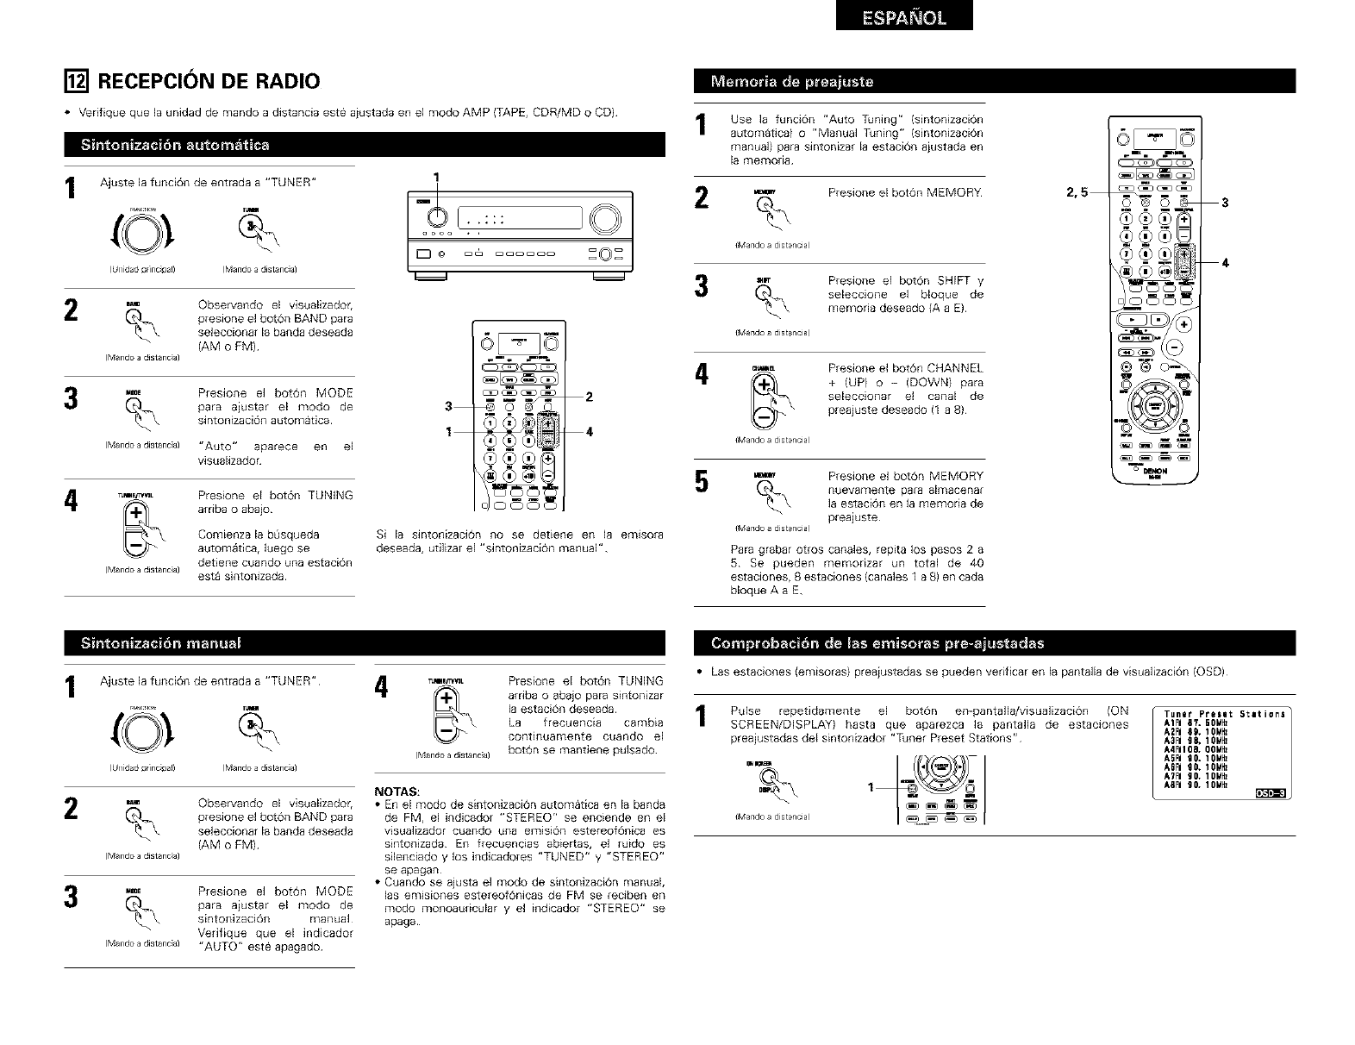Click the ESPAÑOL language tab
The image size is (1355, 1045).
(903, 16)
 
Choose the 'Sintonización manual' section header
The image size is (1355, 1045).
(160, 643)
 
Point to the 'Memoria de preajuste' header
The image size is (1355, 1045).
(791, 82)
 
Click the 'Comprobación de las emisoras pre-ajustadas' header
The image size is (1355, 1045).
(877, 643)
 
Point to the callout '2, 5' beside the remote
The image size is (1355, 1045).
(1077, 192)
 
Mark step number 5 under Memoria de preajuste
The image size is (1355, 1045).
(702, 484)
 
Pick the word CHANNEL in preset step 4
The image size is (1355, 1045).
(955, 368)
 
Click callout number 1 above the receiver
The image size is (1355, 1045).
(436, 178)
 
